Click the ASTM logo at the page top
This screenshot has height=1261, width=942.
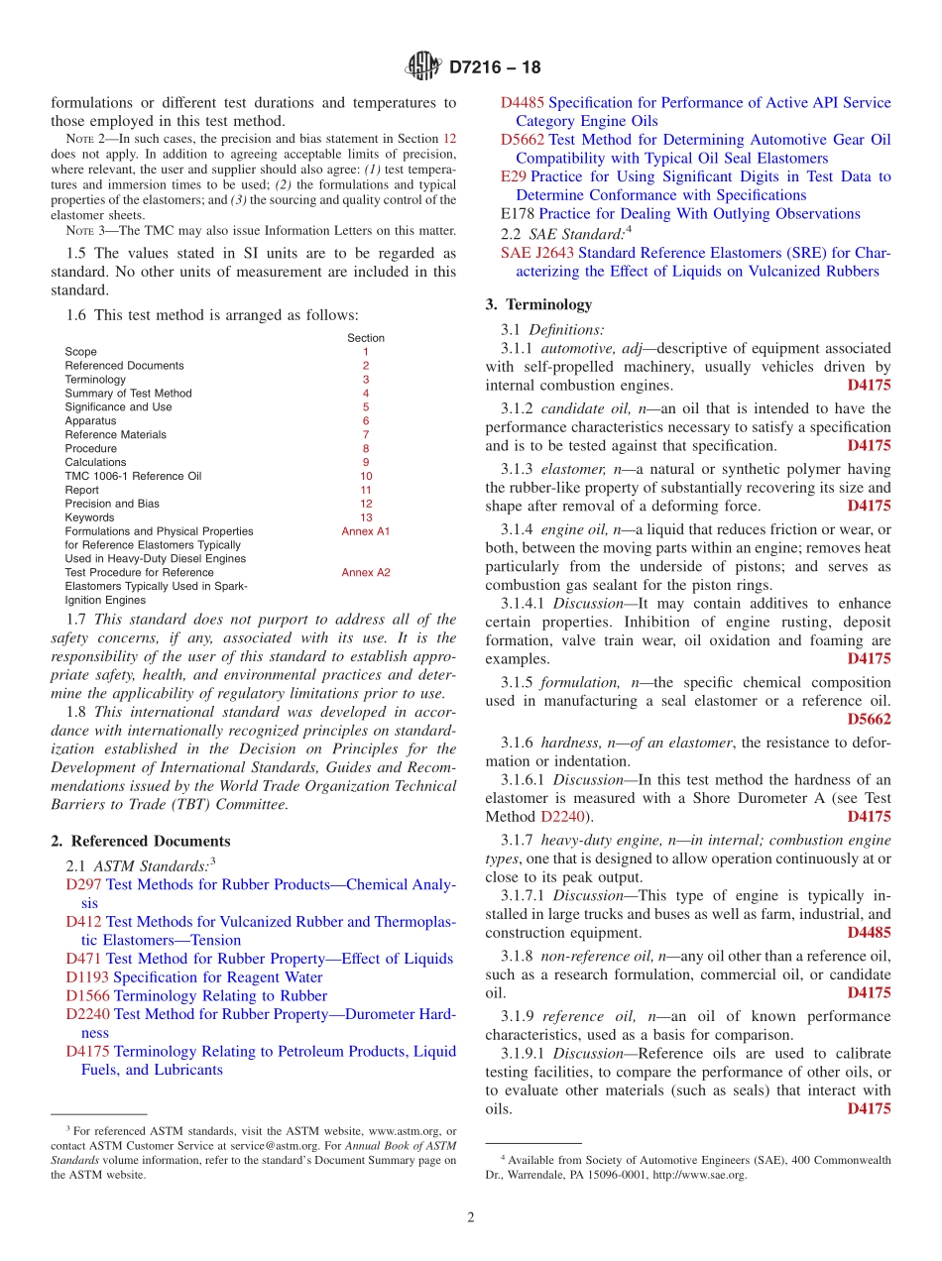423,67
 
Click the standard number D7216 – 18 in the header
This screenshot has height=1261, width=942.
495,68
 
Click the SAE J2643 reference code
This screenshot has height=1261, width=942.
537,253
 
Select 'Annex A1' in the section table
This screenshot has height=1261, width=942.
366,531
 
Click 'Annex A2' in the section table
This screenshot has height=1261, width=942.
366,572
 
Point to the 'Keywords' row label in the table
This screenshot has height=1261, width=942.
89,517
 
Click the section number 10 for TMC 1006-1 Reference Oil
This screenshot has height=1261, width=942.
366,476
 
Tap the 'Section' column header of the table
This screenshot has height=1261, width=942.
366,338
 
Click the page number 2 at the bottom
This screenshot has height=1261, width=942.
471,1217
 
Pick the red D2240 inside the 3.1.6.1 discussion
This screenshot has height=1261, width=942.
562,817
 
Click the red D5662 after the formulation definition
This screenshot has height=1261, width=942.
870,720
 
